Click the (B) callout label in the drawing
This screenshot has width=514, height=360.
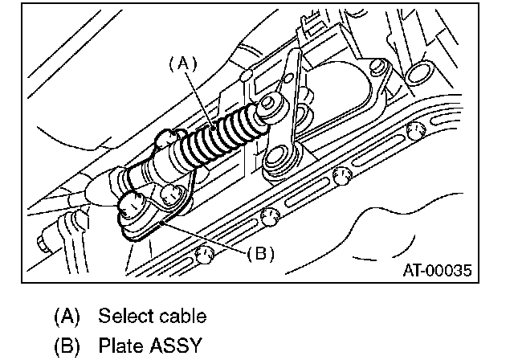pos(260,254)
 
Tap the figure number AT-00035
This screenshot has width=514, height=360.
pos(436,269)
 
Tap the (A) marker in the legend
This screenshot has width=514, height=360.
pos(67,316)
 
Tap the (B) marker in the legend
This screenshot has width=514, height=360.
pos(67,346)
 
